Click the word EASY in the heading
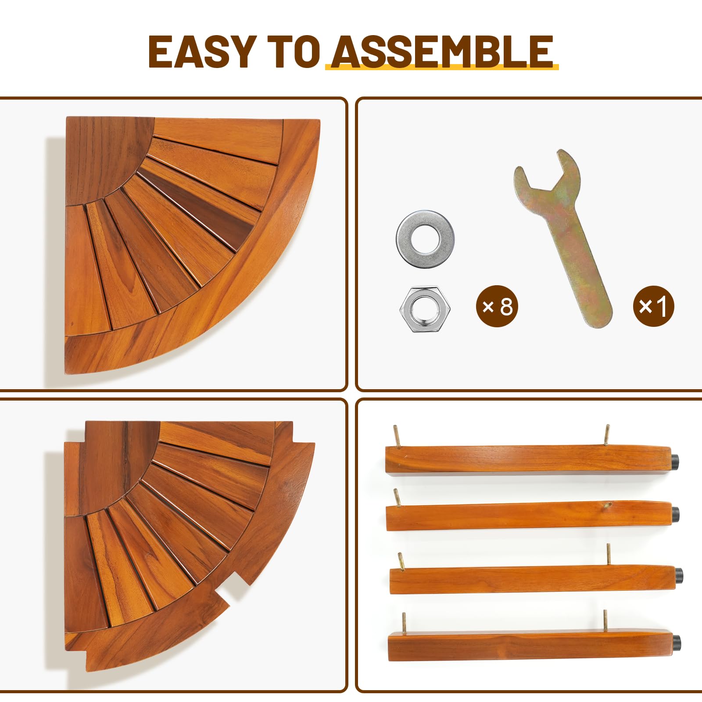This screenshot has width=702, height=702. click(202, 51)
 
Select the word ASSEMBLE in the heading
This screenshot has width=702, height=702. click(442, 51)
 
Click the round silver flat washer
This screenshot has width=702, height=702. click(425, 239)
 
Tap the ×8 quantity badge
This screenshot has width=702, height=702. click(497, 306)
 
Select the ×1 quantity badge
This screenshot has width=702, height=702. click(653, 306)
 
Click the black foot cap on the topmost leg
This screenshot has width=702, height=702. click(675, 461)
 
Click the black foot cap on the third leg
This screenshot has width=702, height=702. click(679, 574)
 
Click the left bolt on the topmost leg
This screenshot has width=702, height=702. click(396, 437)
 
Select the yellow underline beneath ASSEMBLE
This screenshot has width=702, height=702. click(442, 67)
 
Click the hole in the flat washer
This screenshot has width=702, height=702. click(426, 239)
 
